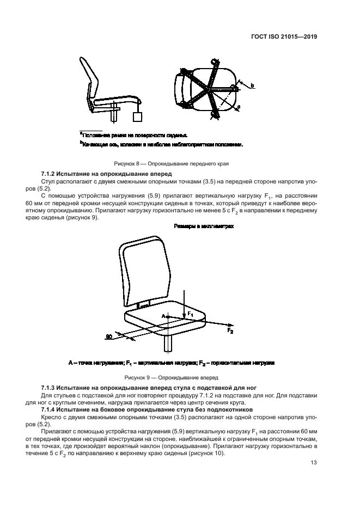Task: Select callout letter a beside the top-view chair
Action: click(x=238, y=108)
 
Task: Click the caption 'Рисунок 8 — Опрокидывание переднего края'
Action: click(x=171, y=163)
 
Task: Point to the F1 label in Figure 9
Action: click(x=190, y=314)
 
